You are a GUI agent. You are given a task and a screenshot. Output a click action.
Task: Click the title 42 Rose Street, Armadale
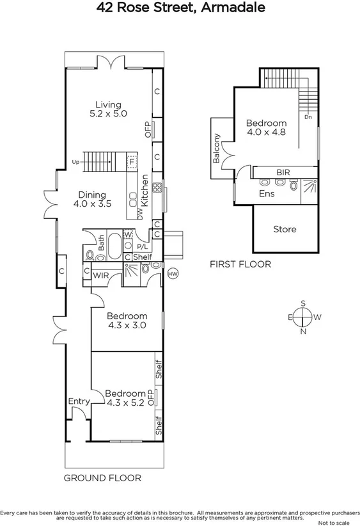pos(180,8)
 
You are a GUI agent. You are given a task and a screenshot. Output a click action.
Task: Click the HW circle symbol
pos(171,274)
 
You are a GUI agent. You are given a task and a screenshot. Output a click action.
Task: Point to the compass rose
pos(303,316)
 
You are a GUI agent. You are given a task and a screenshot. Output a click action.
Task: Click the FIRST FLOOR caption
pos(241,264)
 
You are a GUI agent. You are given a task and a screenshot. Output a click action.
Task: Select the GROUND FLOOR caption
pos(102,477)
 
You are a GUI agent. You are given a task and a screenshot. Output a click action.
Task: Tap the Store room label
pos(285,229)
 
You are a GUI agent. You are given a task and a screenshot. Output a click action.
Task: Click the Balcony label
pos(217,148)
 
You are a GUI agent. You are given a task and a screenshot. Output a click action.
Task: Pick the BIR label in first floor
pos(283,173)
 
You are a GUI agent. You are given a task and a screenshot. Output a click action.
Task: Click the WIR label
pos(101,275)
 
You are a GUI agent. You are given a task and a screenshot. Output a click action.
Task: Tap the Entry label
pos(79,401)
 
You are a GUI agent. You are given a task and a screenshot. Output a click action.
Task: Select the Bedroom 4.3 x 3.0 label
pos(127,320)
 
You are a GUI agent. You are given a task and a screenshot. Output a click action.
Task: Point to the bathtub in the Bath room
pos(113,247)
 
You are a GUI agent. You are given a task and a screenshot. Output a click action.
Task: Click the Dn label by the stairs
pos(308,116)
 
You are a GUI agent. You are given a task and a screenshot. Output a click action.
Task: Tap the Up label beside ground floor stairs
pos(76,161)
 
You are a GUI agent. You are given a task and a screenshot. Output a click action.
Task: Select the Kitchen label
pos(145,189)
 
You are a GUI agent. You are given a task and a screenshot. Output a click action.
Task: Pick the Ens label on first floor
pos(267,193)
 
